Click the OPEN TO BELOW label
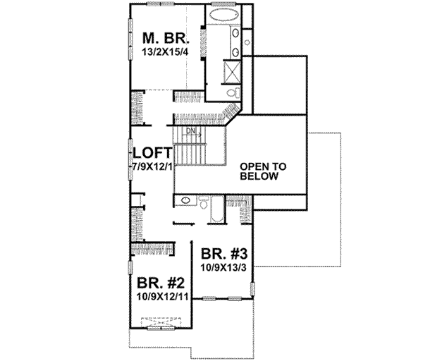262,171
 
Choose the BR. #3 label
223,255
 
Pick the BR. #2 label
161,283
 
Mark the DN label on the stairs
190,131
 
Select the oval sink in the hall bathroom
185,201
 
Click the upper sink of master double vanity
234,33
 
